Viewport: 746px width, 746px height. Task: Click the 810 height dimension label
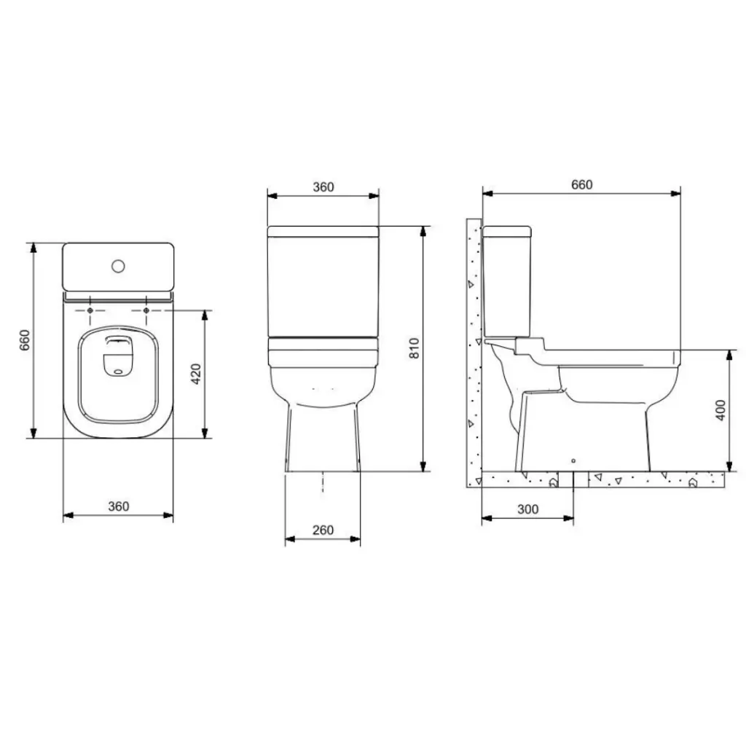(415, 348)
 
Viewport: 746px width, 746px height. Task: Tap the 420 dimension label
(196, 374)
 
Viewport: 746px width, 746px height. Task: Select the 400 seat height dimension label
(721, 410)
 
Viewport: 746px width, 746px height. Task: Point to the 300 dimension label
(527, 509)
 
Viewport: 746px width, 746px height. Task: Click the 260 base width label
(323, 530)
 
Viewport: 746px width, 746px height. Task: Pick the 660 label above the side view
(582, 184)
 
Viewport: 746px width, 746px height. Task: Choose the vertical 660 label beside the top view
(25, 340)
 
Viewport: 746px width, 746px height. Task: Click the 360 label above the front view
(323, 187)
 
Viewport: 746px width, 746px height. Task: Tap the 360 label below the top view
(119, 506)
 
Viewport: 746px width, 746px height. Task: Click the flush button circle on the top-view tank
(119, 266)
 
